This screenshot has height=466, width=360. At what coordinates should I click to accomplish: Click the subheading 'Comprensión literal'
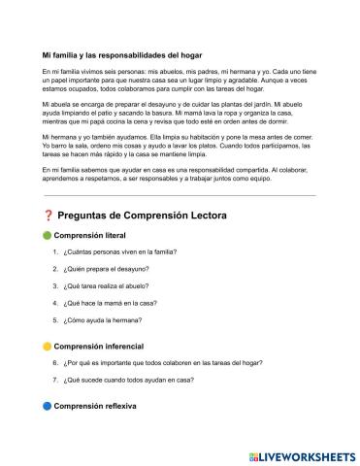pyautogui.click(x=93, y=235)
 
